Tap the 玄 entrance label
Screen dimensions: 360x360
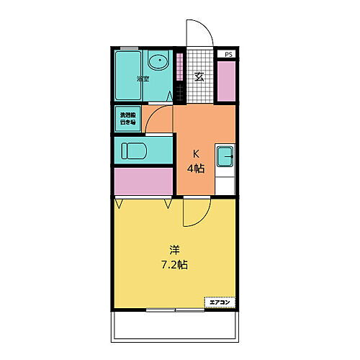point(197,77)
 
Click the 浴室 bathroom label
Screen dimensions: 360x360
point(143,78)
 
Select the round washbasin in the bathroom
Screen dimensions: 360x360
point(157,63)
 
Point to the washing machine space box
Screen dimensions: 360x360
point(127,117)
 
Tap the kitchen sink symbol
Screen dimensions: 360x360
point(225,153)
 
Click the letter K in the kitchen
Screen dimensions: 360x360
point(194,154)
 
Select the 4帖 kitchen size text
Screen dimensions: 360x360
point(197,169)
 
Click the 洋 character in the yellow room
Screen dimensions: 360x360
point(174,250)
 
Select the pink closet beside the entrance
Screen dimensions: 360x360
point(226,82)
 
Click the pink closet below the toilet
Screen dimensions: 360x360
point(143,181)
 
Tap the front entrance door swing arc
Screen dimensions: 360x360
point(199,32)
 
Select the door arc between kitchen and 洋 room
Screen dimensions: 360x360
point(194,212)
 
